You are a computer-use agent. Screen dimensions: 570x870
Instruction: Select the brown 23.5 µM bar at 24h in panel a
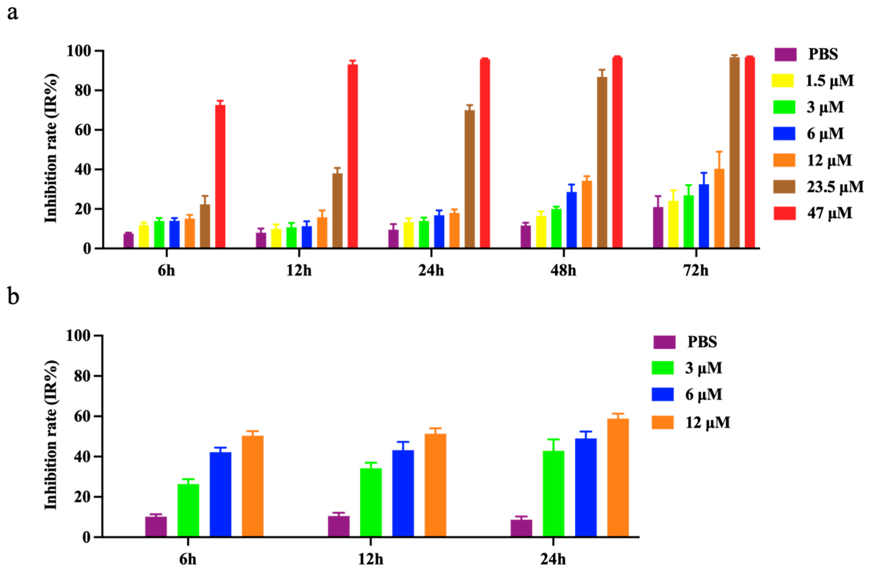pyautogui.click(x=470, y=179)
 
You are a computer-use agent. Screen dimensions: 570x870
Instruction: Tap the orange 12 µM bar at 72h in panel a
pyautogui.click(x=719, y=208)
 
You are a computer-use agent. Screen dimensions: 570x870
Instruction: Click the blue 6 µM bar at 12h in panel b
pyautogui.click(x=403, y=494)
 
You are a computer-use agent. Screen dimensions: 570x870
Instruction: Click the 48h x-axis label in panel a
pyautogui.click(x=563, y=271)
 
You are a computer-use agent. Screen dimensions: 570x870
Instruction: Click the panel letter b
pyautogui.click(x=13, y=296)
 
